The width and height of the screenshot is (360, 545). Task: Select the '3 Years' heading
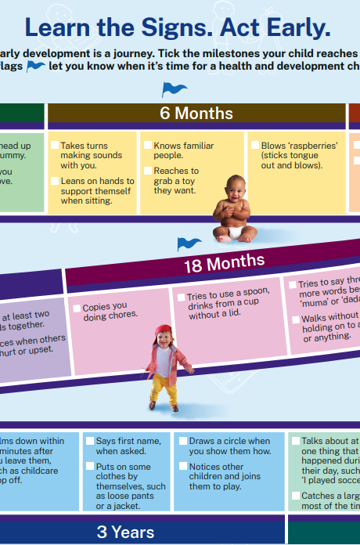(x=125, y=532)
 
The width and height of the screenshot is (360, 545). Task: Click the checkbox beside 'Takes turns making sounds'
(x=55, y=146)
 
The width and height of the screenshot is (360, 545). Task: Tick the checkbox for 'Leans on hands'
(x=55, y=180)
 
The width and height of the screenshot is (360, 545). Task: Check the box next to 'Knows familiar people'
(x=147, y=146)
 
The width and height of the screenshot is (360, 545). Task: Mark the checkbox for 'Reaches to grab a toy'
(x=147, y=171)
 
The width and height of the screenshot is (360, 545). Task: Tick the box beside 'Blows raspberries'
(x=254, y=146)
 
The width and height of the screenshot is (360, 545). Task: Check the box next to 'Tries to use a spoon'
(x=180, y=297)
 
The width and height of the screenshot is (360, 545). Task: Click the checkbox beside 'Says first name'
(x=90, y=442)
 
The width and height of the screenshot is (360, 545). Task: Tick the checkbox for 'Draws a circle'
(x=182, y=442)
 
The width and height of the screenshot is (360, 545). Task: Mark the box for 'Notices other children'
(x=182, y=467)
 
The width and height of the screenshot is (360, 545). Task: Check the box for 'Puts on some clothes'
(x=90, y=467)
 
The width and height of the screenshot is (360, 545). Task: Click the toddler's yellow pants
(x=162, y=388)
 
